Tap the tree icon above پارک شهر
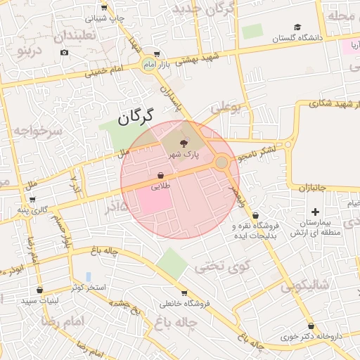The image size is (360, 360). pos(184,142)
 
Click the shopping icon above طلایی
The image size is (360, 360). pos(160,176)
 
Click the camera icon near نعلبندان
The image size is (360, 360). pos(65,53)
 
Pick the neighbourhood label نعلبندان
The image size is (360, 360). pos(64,36)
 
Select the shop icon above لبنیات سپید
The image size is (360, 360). pos(39,290)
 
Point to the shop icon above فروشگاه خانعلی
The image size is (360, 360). pos(184,293)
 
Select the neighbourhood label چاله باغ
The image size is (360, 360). pos(179,321)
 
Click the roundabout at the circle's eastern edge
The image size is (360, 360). pos(221,162)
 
